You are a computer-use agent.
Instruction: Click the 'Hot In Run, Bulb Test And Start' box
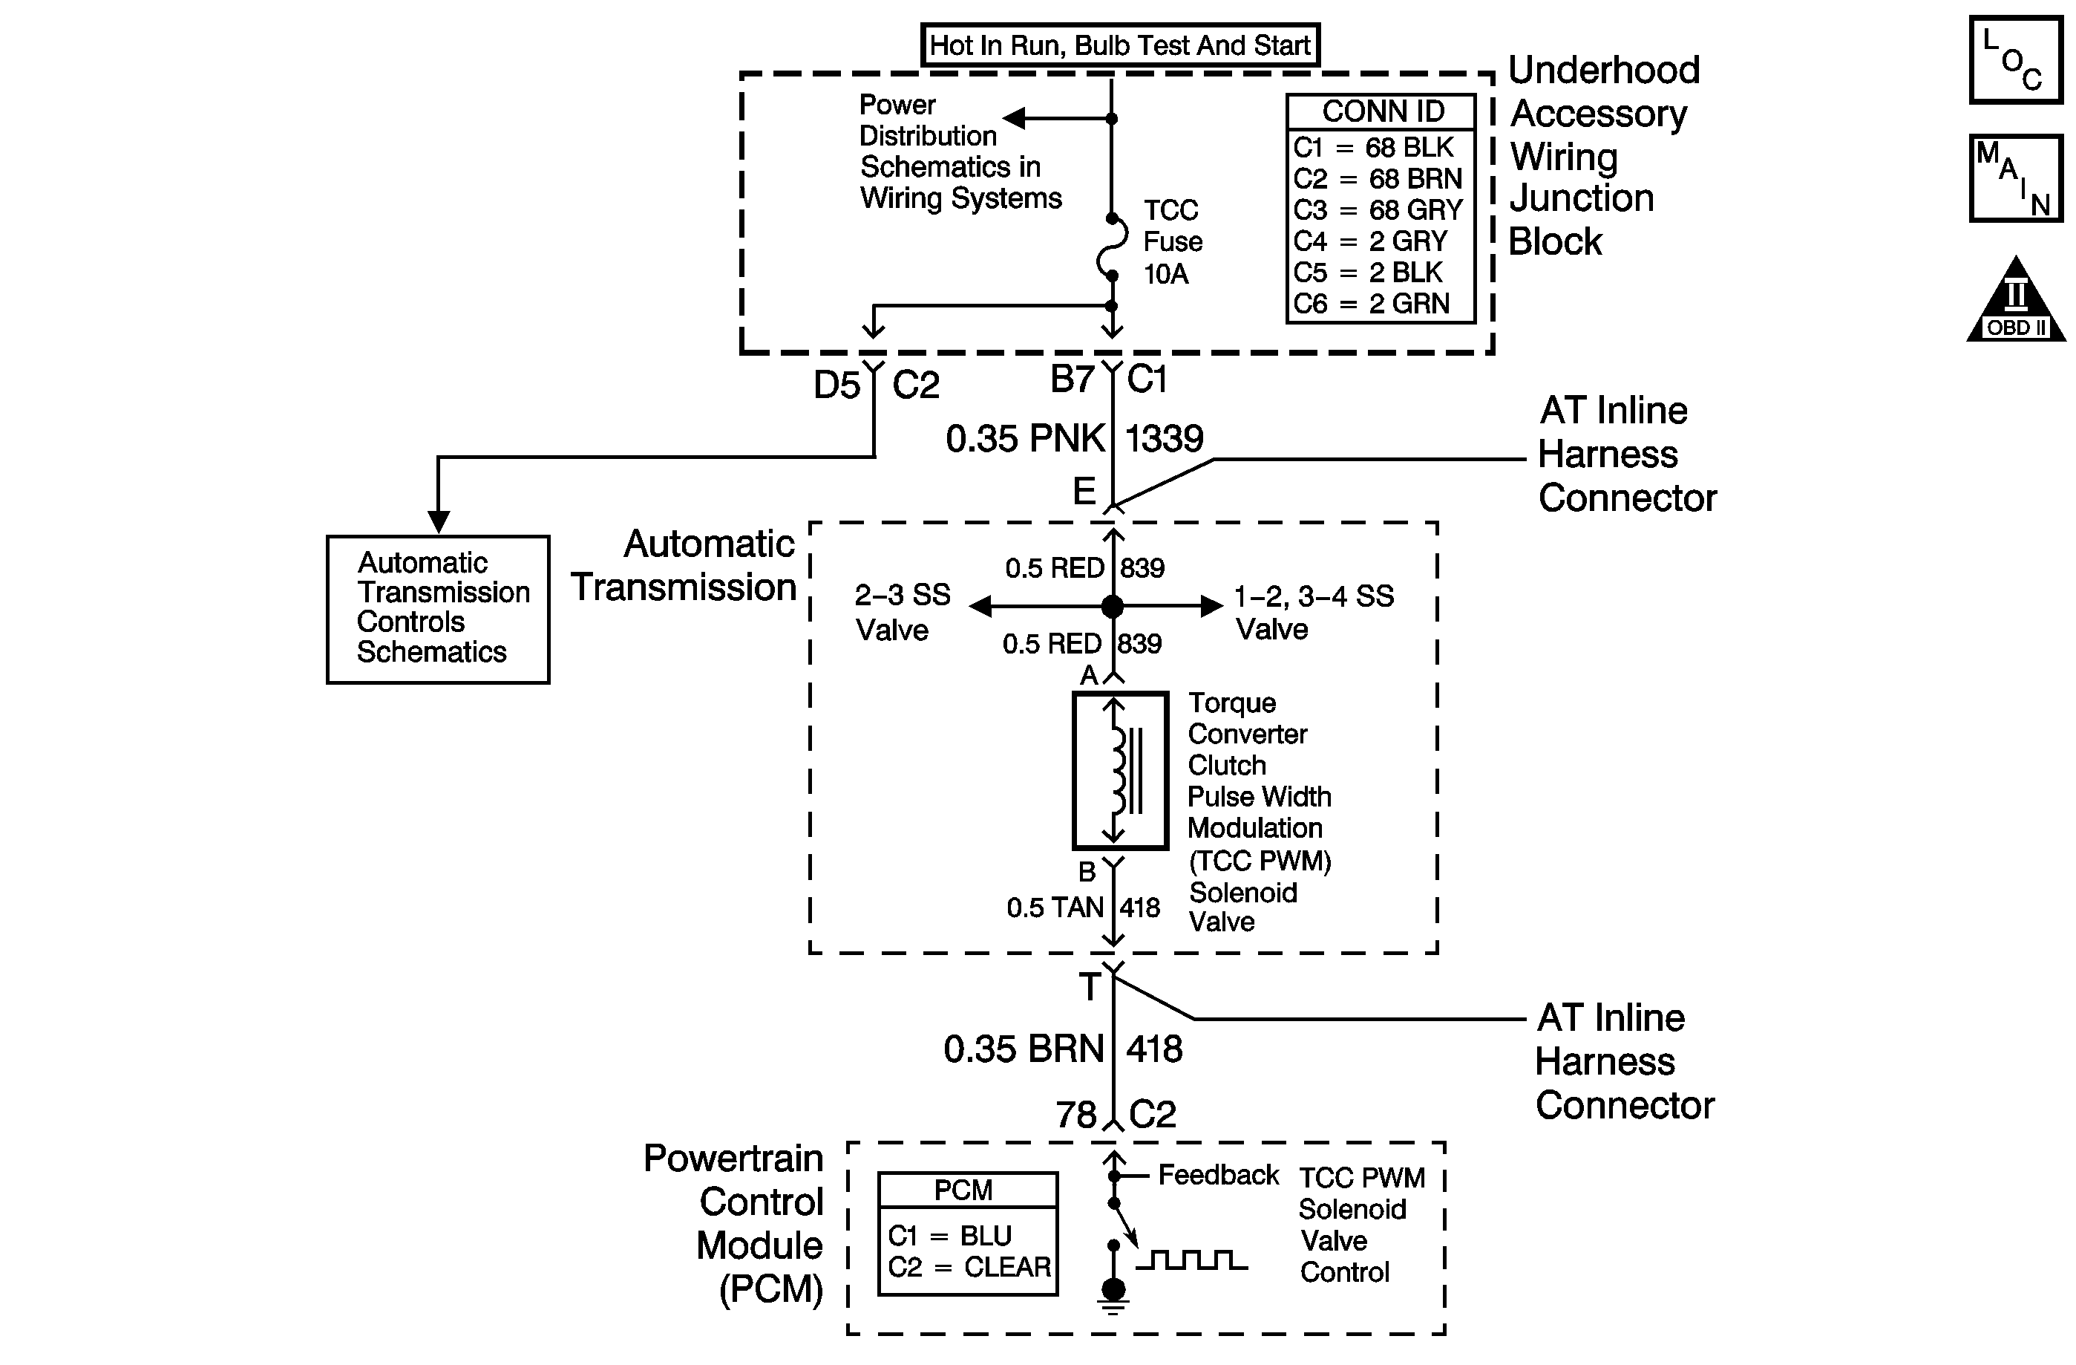(x=1120, y=45)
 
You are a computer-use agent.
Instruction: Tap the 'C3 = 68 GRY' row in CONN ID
(x=1378, y=210)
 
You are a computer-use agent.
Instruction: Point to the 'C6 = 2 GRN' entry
(x=1371, y=304)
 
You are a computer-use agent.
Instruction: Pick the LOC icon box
(x=2015, y=59)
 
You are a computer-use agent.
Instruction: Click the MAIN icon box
(x=2015, y=178)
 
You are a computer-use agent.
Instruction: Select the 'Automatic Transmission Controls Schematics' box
(x=438, y=608)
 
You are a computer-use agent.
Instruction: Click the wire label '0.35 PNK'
(x=1025, y=439)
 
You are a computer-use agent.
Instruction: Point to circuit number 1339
(x=1164, y=439)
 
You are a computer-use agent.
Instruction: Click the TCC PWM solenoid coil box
(x=1120, y=770)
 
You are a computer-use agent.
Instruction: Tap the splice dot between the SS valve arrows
(x=1112, y=607)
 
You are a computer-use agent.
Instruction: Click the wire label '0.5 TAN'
(x=1055, y=908)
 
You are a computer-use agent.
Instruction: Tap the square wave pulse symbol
(x=1191, y=1260)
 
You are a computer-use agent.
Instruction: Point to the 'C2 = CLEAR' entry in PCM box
(x=968, y=1267)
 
